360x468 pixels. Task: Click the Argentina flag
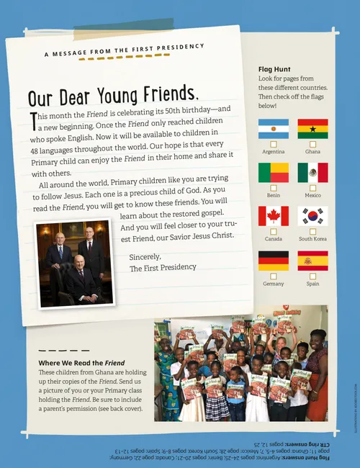coord(274,129)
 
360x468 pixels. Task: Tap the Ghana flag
coord(312,129)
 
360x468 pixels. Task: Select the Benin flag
coord(274,172)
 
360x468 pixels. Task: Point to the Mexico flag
coord(312,172)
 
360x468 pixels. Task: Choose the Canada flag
coord(274,216)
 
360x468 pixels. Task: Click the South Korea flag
coord(312,216)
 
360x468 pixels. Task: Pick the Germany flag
coord(274,260)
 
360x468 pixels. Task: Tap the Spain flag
coord(312,260)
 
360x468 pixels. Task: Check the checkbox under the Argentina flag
coord(274,144)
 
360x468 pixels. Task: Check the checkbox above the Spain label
coord(312,276)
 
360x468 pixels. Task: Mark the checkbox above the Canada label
coord(274,231)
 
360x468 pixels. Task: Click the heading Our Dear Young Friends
coord(111,96)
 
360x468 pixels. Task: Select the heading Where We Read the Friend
coord(81,362)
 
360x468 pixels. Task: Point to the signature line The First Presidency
coord(162,268)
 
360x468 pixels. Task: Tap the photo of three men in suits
coord(75,263)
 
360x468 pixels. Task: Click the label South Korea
coord(312,239)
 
